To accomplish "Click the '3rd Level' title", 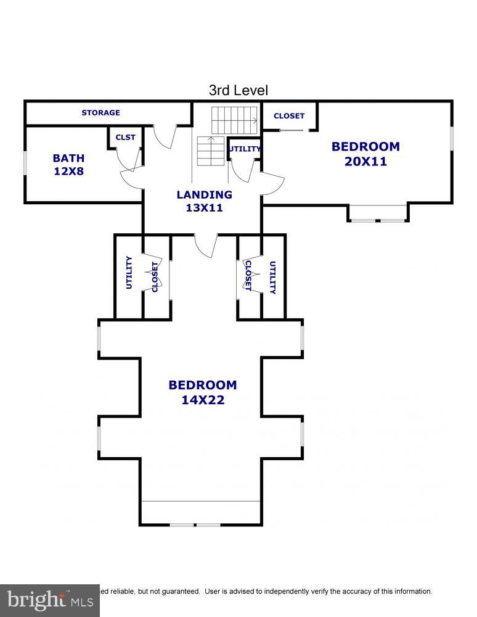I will [238, 91].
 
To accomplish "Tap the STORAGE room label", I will [100, 113].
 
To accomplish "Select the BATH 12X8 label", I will [68, 165].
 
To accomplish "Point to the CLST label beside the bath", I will [125, 138].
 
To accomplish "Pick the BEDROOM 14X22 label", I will [202, 392].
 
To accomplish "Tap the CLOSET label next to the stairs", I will [289, 116].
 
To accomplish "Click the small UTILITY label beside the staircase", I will [245, 149].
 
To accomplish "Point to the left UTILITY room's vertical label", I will [129, 273].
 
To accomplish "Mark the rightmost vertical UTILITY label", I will [272, 278].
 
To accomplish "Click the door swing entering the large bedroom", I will [205, 245].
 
